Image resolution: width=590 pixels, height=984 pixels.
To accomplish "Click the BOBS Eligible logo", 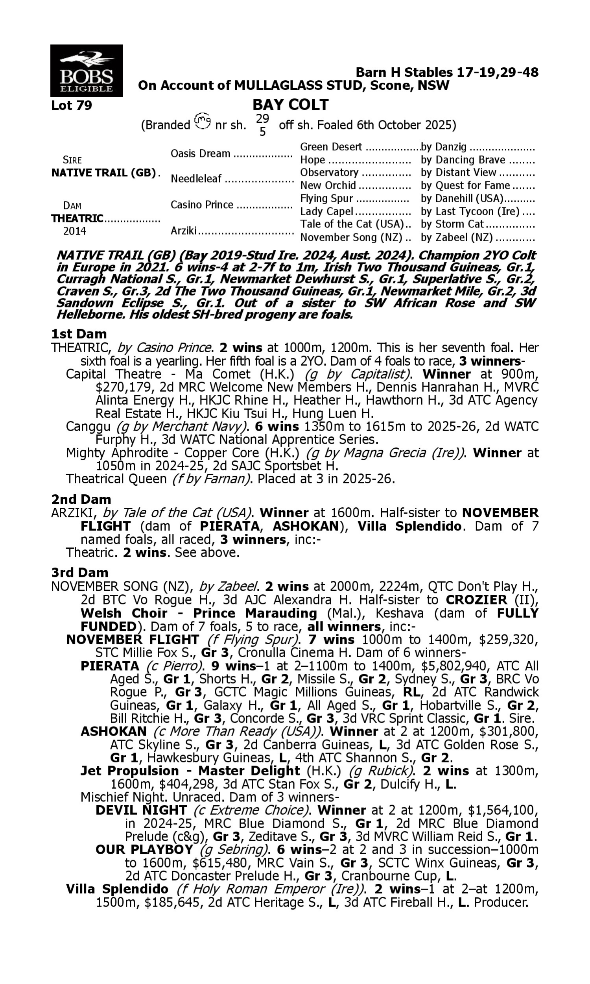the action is [86, 71].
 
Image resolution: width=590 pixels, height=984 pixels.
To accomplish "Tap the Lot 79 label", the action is [72, 105].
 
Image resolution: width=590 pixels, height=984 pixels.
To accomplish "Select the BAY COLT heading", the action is [290, 105].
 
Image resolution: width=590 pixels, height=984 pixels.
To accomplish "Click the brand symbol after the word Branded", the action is [203, 121].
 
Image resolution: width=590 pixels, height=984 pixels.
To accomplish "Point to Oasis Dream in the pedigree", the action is [200, 154].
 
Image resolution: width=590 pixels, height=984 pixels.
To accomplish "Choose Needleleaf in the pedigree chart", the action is [195, 179].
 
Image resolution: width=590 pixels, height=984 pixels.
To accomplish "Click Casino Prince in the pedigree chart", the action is [202, 205].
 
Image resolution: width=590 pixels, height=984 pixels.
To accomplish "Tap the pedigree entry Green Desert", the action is [331, 147].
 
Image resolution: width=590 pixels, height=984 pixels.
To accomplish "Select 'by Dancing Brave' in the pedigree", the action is [463, 160].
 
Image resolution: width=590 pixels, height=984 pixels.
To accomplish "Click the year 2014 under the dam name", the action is [74, 231].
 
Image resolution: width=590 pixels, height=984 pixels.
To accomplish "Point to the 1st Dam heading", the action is [79, 334].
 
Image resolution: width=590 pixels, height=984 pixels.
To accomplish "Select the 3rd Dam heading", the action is [79, 572].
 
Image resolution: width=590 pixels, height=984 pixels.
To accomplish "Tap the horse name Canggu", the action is [88, 427].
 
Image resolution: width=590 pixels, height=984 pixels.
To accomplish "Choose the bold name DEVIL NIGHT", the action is [141, 810].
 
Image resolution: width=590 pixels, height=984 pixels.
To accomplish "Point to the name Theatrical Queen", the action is [116, 479].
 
